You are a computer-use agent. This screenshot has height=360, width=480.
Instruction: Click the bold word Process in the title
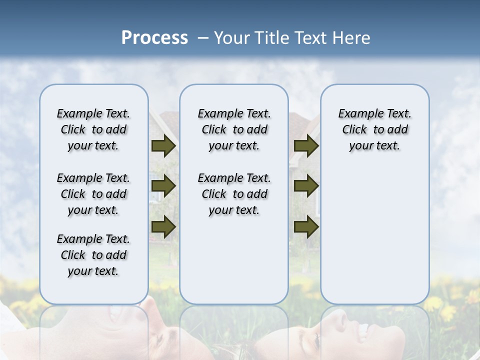154,38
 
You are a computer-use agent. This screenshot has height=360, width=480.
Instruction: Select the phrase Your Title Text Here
292,38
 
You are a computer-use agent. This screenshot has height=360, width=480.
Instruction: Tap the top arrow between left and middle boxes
163,146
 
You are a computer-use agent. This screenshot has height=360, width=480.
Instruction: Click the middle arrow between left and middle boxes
163,186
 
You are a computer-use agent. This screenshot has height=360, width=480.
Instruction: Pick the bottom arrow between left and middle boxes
163,226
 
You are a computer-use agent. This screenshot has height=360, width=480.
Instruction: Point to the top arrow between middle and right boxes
306,146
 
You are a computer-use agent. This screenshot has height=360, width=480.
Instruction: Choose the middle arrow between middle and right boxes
306,186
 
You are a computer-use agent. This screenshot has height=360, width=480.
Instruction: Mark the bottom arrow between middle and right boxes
306,226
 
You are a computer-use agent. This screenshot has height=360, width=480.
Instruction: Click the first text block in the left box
93,129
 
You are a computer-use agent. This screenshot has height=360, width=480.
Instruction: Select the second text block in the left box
93,194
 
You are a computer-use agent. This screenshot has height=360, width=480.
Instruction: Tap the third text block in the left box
93,255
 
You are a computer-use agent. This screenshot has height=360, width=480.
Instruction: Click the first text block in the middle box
234,129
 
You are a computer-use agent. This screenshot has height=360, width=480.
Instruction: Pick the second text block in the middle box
234,194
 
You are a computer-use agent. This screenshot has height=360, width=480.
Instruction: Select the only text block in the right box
374,129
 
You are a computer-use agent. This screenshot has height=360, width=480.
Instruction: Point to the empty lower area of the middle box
234,260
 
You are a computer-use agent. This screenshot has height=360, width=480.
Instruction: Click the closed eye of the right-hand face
317,341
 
